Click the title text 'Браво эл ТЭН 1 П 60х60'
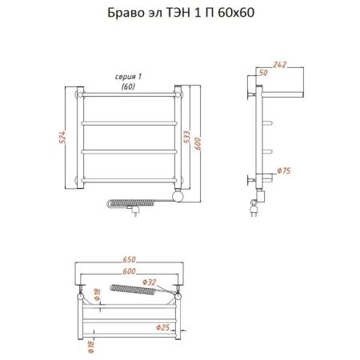(181, 13)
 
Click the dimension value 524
(62, 138)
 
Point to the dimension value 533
(187, 137)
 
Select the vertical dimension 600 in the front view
(198, 143)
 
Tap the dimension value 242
(279, 65)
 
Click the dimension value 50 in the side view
(263, 73)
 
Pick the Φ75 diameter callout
(284, 170)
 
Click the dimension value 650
(129, 259)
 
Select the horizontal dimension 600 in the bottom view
(129, 271)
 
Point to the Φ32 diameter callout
(149, 282)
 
